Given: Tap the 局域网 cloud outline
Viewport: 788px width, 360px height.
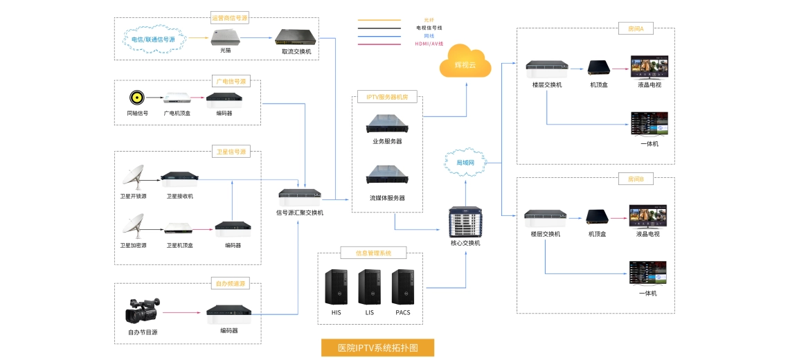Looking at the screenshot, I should [465, 162].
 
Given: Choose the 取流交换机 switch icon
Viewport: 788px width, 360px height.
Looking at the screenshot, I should [296, 37].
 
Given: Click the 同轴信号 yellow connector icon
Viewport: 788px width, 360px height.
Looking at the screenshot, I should [137, 98].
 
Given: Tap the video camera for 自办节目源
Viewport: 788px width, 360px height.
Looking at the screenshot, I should [142, 311].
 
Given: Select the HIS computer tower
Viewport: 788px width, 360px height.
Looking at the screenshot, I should [337, 287].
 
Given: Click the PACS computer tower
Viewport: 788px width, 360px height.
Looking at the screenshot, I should [403, 287].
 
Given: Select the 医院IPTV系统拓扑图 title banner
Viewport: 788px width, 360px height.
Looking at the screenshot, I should [377, 348].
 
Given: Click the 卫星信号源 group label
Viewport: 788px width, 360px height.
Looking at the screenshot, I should [231, 152].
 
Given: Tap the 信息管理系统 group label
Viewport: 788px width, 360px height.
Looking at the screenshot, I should [373, 253].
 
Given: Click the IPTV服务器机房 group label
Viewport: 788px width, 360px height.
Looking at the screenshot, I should [387, 98].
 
